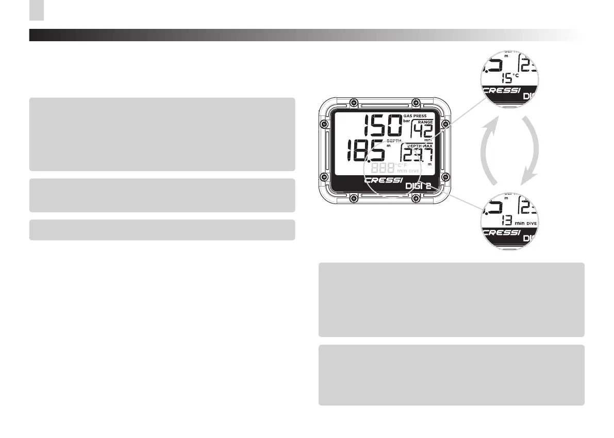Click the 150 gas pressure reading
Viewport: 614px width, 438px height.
tap(382, 125)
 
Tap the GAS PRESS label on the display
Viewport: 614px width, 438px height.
tap(419, 116)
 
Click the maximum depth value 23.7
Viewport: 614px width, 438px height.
tap(418, 156)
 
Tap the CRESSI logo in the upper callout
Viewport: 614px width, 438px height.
tap(501, 90)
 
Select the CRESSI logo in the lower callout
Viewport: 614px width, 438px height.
tap(501, 232)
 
